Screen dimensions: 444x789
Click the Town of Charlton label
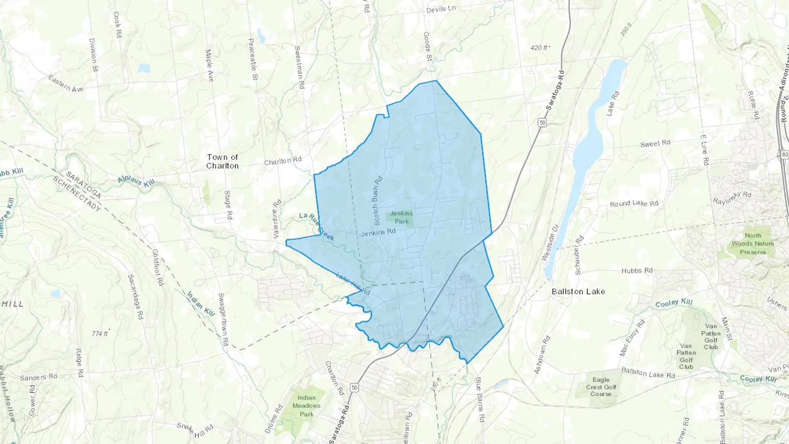(222, 161)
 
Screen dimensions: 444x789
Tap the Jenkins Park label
(402, 217)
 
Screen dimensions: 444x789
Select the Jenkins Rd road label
(378, 232)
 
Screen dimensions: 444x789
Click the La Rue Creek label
(316, 227)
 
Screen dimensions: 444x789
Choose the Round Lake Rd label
(634, 203)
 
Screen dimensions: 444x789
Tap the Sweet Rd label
(655, 143)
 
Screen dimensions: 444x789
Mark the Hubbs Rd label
(637, 270)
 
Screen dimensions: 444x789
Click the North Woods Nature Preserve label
(753, 244)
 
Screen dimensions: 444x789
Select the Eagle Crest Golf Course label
(601, 387)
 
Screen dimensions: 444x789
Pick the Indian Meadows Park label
(306, 406)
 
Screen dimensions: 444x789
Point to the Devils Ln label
(441, 9)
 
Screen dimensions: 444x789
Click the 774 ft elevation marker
(100, 334)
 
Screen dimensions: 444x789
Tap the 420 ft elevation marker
(540, 47)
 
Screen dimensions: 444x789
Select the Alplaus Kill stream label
(136, 181)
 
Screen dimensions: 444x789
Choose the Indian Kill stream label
(201, 304)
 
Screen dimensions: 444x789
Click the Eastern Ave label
(66, 83)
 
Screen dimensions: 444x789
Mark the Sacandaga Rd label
(135, 296)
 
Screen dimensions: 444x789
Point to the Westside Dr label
(550, 243)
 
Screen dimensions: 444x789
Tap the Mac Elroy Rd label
(632, 338)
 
